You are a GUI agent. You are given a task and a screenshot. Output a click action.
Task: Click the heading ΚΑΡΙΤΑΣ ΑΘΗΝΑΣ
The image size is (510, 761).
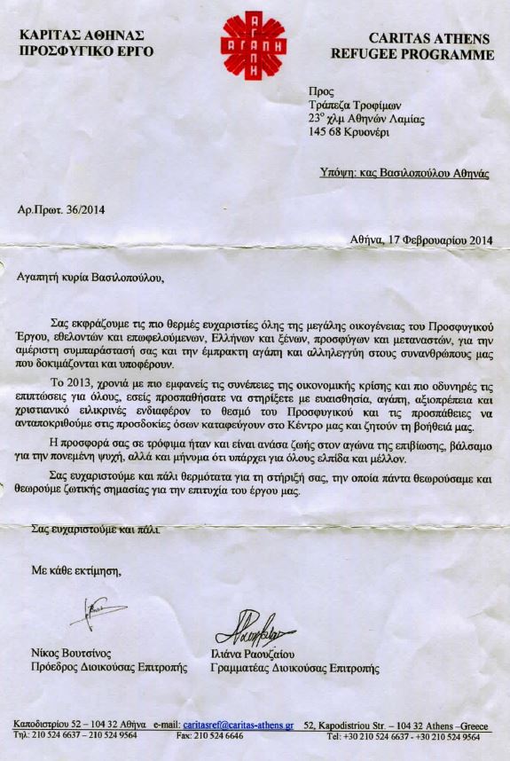click(x=77, y=35)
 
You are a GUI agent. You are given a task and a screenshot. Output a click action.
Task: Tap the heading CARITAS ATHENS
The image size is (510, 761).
click(x=434, y=38)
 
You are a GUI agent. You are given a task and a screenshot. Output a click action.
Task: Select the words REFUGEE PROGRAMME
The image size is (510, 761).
click(x=425, y=54)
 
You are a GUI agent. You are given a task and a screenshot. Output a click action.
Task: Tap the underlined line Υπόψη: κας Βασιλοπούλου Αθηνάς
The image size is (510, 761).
click(x=404, y=174)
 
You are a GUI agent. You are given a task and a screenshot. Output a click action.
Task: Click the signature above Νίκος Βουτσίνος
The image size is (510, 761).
click(x=97, y=612)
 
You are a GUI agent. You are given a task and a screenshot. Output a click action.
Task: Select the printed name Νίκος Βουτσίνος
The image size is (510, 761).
click(x=70, y=655)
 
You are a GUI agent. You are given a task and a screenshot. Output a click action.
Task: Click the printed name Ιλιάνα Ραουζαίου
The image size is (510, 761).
click(x=257, y=655)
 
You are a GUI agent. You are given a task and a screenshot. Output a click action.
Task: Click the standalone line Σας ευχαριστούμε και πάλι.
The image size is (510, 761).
click(x=95, y=530)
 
